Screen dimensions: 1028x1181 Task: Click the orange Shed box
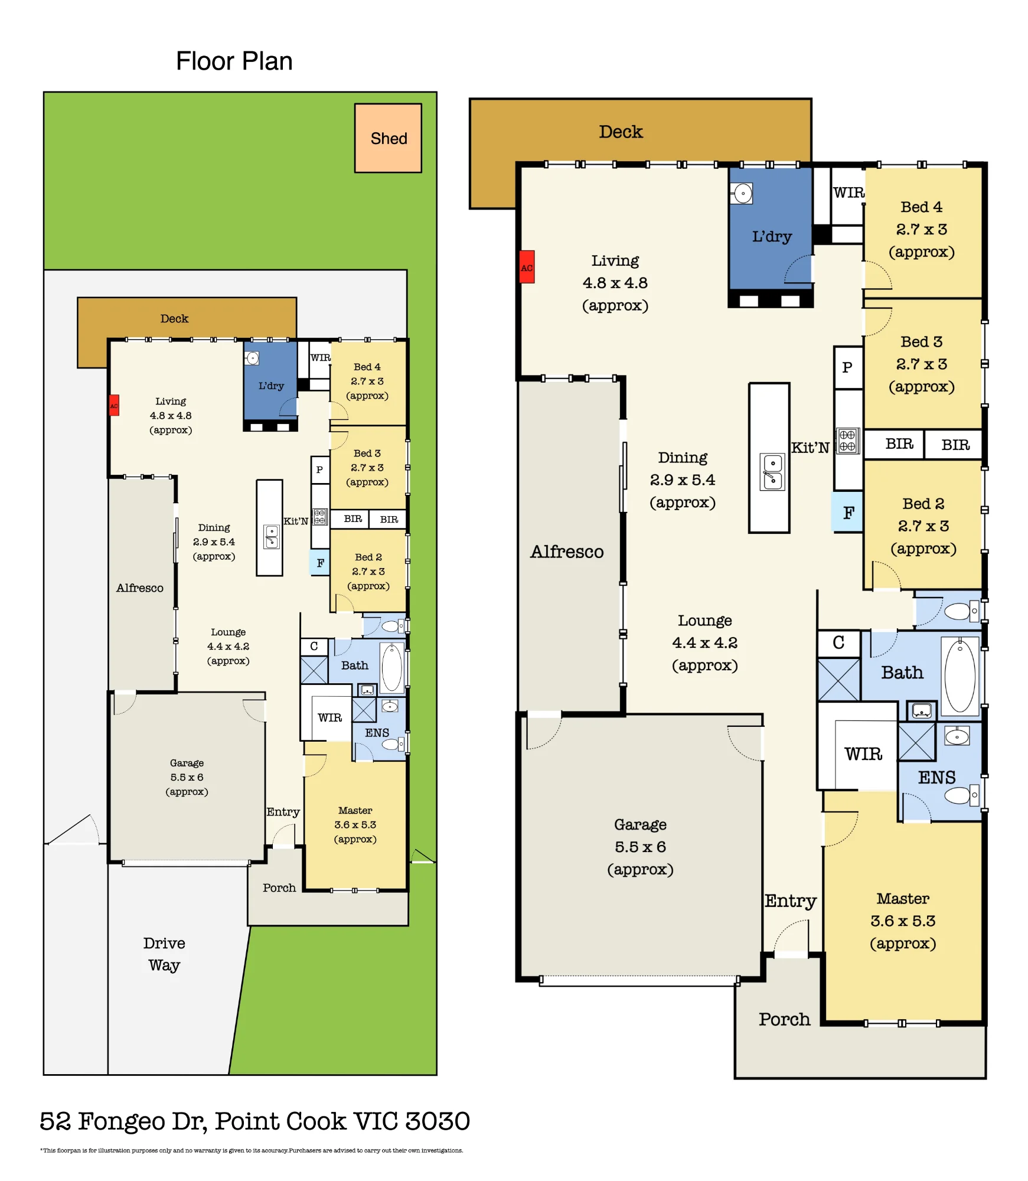point(388,138)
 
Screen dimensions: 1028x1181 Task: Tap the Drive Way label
point(164,954)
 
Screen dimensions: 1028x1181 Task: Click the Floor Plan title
point(234,61)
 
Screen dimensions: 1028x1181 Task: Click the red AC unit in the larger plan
point(527,267)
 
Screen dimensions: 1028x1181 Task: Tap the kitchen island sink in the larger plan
point(773,472)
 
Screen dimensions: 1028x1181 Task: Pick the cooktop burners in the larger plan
point(847,441)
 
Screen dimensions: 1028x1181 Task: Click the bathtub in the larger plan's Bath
point(960,676)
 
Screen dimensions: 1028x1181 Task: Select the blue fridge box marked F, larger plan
point(848,512)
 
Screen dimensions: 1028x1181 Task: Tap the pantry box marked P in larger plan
point(848,367)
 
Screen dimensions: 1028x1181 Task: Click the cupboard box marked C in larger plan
point(839,643)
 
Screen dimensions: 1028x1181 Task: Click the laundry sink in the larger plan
point(742,193)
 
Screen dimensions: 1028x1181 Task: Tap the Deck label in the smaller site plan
point(174,319)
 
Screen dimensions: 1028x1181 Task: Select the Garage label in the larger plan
point(640,825)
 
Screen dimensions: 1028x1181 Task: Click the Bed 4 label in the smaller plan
point(367,367)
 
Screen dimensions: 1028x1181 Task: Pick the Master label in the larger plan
point(903,899)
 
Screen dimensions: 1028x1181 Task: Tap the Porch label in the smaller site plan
point(279,888)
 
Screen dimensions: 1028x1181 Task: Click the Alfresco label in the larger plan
point(567,552)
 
